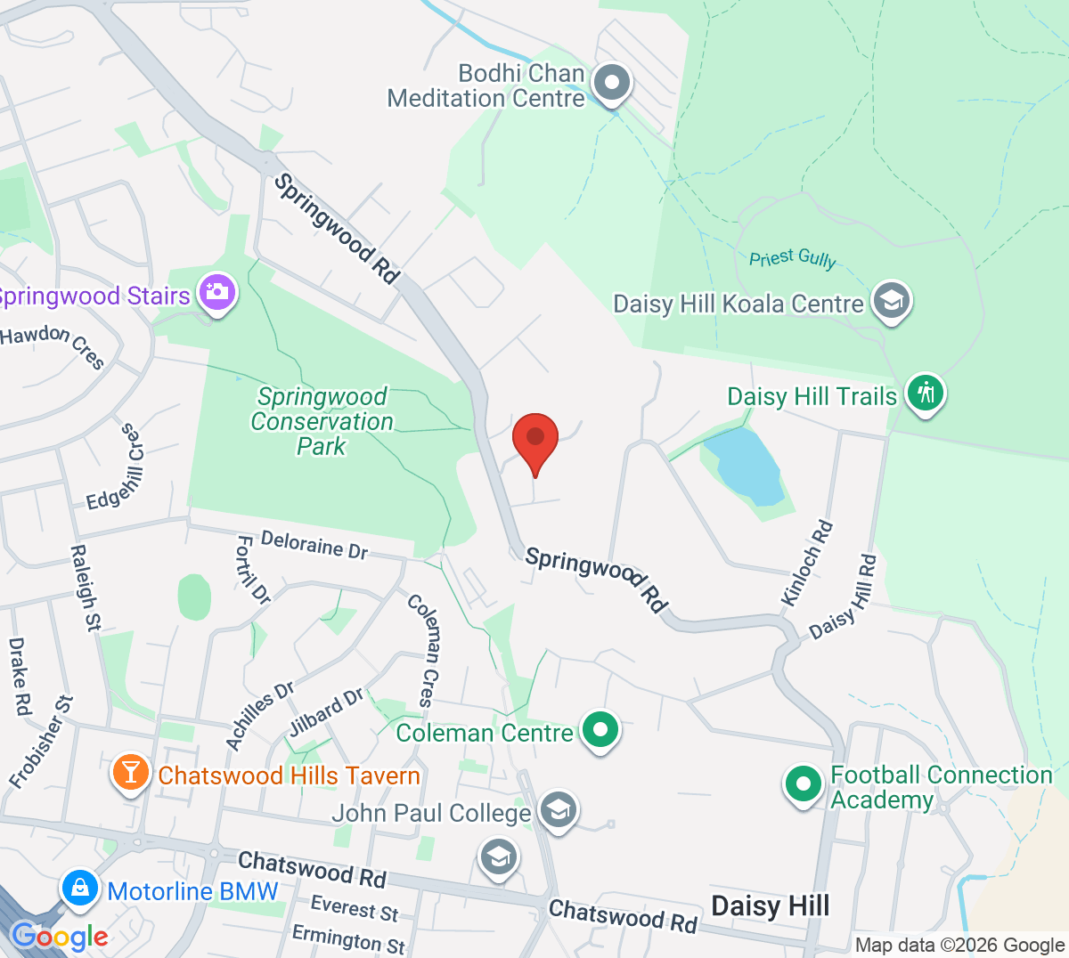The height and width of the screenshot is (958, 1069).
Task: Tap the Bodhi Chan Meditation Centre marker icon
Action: pos(611,84)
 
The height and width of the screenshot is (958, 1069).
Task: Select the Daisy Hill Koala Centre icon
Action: pos(890,301)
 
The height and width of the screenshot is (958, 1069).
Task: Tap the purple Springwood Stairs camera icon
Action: pos(217,292)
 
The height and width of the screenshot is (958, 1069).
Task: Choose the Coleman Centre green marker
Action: pos(600,730)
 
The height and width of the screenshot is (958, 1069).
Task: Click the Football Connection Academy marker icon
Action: pos(803,784)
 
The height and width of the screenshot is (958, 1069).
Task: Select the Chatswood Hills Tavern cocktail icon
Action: pos(131,771)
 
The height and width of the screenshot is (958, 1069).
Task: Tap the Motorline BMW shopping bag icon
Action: pos(80,889)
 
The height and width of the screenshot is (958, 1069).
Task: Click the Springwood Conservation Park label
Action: pos(322,421)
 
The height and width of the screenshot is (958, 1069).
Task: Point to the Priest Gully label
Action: pos(792,258)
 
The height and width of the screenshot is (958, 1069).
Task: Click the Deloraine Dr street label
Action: pos(314,545)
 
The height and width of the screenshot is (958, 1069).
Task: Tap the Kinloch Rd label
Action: pos(807,564)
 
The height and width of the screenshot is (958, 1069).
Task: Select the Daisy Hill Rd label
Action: pos(844,597)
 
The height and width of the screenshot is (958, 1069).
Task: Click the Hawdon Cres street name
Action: pos(53,345)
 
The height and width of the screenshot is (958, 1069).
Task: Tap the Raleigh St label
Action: pos(84,589)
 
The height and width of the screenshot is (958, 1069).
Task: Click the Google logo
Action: pos(60,936)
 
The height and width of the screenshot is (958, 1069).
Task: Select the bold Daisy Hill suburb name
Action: pos(770,905)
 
